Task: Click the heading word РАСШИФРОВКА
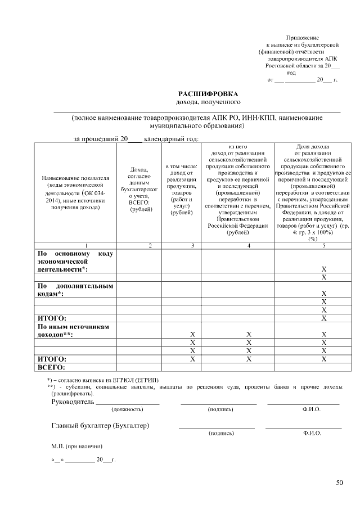tap(208, 93)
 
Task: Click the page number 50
tap(339, 482)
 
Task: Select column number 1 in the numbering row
tap(86, 246)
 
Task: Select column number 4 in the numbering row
tap(249, 246)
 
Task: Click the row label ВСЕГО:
tap(52, 367)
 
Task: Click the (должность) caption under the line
tap(128, 409)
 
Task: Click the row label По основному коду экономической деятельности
tap(75, 262)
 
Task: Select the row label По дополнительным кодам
tap(75, 290)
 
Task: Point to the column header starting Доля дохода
tap(312, 191)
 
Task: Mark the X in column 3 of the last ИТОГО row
tap(192, 359)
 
